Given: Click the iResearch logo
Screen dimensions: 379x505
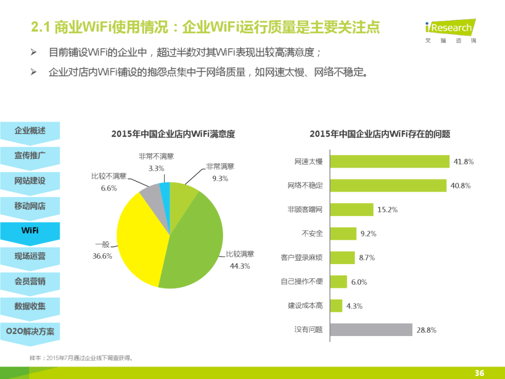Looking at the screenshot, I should coord(449,31).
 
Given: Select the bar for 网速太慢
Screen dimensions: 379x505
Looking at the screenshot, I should coord(390,161).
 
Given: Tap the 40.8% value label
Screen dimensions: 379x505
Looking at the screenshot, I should coord(461,186).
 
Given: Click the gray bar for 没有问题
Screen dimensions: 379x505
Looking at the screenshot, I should coord(371,330).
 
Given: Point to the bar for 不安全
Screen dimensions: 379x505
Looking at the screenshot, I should coord(343,233).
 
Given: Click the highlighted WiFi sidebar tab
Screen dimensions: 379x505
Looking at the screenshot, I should coord(30,231).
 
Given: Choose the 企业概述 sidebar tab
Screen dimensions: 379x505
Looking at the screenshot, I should coord(30,130).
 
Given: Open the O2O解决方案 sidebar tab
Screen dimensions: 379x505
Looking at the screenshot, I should coord(30,331).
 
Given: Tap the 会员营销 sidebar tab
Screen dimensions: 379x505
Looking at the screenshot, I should coord(30,281).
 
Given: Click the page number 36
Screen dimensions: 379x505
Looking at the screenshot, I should coord(479,373).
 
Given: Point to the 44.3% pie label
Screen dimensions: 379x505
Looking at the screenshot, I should coord(240,266).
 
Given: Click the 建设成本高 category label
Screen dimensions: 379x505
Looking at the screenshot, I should coord(305,306).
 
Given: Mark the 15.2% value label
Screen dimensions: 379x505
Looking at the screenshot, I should coord(387,210).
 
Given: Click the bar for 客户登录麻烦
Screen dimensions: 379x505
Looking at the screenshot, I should coord(342,258).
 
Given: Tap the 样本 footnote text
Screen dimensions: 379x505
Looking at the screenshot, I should coord(81,358).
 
